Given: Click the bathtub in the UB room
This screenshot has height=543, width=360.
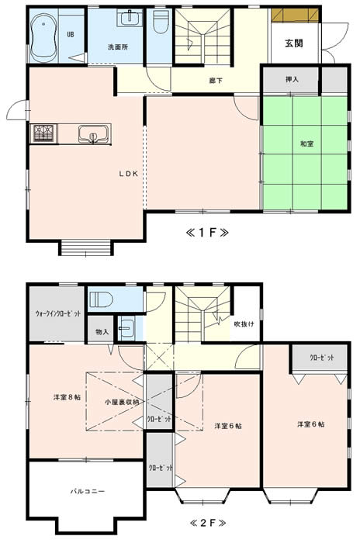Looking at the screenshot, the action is point(43,37).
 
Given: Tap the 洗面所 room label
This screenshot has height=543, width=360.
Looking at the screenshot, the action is point(118,47).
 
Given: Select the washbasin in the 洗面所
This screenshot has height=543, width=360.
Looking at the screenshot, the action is point(130,18).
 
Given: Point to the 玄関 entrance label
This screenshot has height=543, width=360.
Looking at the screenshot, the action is point(294,43).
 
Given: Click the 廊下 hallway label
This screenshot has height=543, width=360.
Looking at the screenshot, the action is point(216,81).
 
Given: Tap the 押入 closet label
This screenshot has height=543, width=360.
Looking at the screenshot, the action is point(292,79).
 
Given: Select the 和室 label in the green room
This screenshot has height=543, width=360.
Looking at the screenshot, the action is point(307,144).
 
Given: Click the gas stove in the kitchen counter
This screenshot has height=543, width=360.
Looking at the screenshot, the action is point(44,133).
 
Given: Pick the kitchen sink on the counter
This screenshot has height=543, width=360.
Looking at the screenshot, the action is point(93,133).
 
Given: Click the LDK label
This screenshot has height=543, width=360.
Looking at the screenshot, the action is point(129,175).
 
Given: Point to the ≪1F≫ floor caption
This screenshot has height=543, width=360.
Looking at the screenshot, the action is point(207,233).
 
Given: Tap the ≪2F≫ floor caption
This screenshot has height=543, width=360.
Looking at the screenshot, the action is point(208,523).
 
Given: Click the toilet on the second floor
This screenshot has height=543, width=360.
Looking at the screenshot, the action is point(101,299).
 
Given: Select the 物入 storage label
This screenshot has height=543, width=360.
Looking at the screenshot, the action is point(102,332).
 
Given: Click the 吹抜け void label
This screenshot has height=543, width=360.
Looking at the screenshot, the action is point(244,324).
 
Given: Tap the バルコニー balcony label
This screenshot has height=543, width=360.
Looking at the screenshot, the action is point(88,491).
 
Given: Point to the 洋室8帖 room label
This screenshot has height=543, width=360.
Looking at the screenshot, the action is point(67,397).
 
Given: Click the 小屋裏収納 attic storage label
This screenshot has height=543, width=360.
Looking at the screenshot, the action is point(123,402).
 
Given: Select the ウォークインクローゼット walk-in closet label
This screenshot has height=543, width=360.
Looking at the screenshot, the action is point(58,313).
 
